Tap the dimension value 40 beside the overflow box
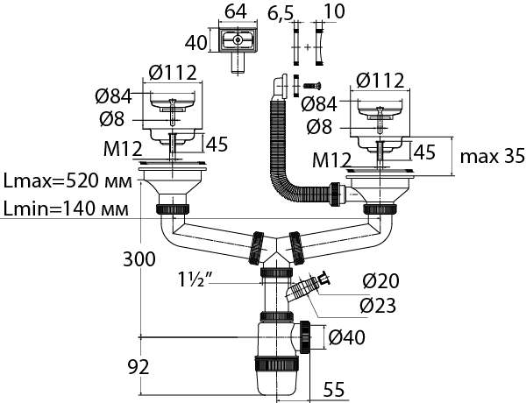[197, 41]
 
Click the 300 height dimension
[140, 260]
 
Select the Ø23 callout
[378, 306]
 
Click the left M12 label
[122, 151]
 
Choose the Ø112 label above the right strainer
[380, 81]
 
